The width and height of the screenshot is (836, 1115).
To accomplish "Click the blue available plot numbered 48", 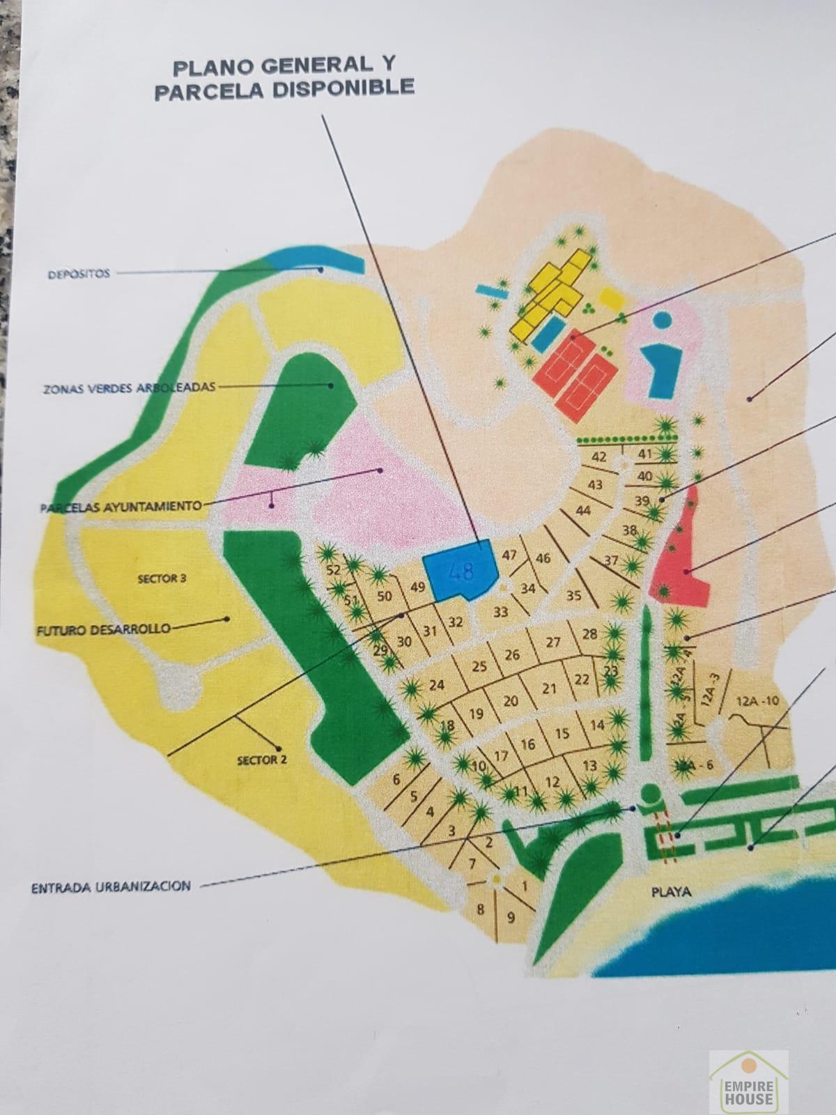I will click(x=460, y=571).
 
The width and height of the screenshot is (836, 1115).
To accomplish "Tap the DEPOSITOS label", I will click(x=79, y=274).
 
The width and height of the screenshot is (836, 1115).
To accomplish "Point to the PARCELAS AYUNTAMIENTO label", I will click(x=121, y=507).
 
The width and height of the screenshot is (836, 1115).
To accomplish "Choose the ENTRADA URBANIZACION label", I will click(x=111, y=887).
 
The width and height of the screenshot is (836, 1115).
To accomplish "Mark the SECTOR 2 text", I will click(x=262, y=760).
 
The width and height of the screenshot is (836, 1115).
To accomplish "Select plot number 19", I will click(x=477, y=714).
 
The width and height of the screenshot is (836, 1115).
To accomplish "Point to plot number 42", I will click(x=598, y=457).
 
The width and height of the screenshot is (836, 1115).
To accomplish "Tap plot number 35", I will click(x=573, y=596).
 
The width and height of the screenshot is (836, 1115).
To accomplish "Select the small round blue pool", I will click(x=663, y=320).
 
